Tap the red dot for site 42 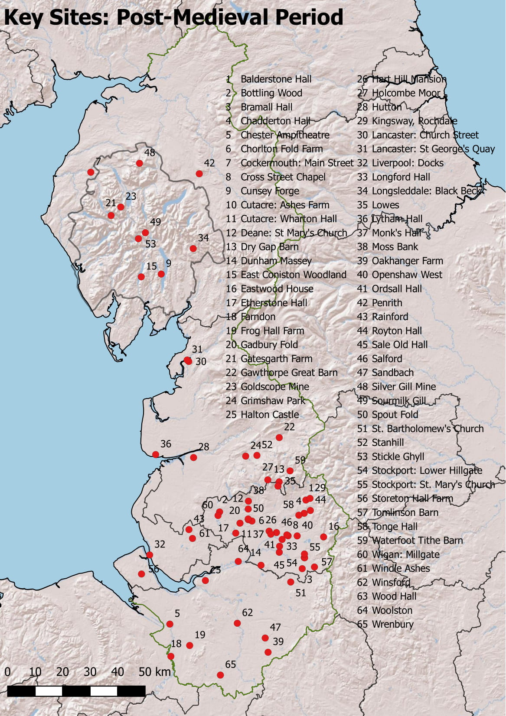point(199,174)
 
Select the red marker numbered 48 point(139,163)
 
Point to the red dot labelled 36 point(156,454)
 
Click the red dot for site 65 point(220,675)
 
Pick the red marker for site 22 point(279,437)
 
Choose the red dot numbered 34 point(193,249)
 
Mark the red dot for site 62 point(237,623)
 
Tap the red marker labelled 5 point(170,624)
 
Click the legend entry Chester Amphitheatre point(284,135)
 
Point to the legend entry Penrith point(387,303)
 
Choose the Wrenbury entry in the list point(392,624)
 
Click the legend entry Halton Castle point(269,415)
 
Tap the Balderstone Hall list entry point(276,79)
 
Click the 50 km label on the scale point(154,672)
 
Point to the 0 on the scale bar point(7,672)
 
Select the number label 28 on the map point(204,447)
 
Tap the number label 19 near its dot point(200,635)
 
